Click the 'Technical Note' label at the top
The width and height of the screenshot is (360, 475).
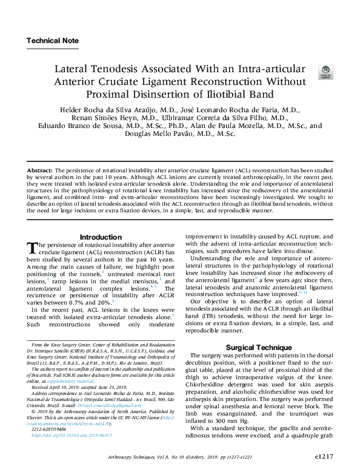pos(53,41)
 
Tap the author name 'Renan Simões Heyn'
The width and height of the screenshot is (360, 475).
pos(106,118)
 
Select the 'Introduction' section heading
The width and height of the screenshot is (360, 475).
pos(101,237)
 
